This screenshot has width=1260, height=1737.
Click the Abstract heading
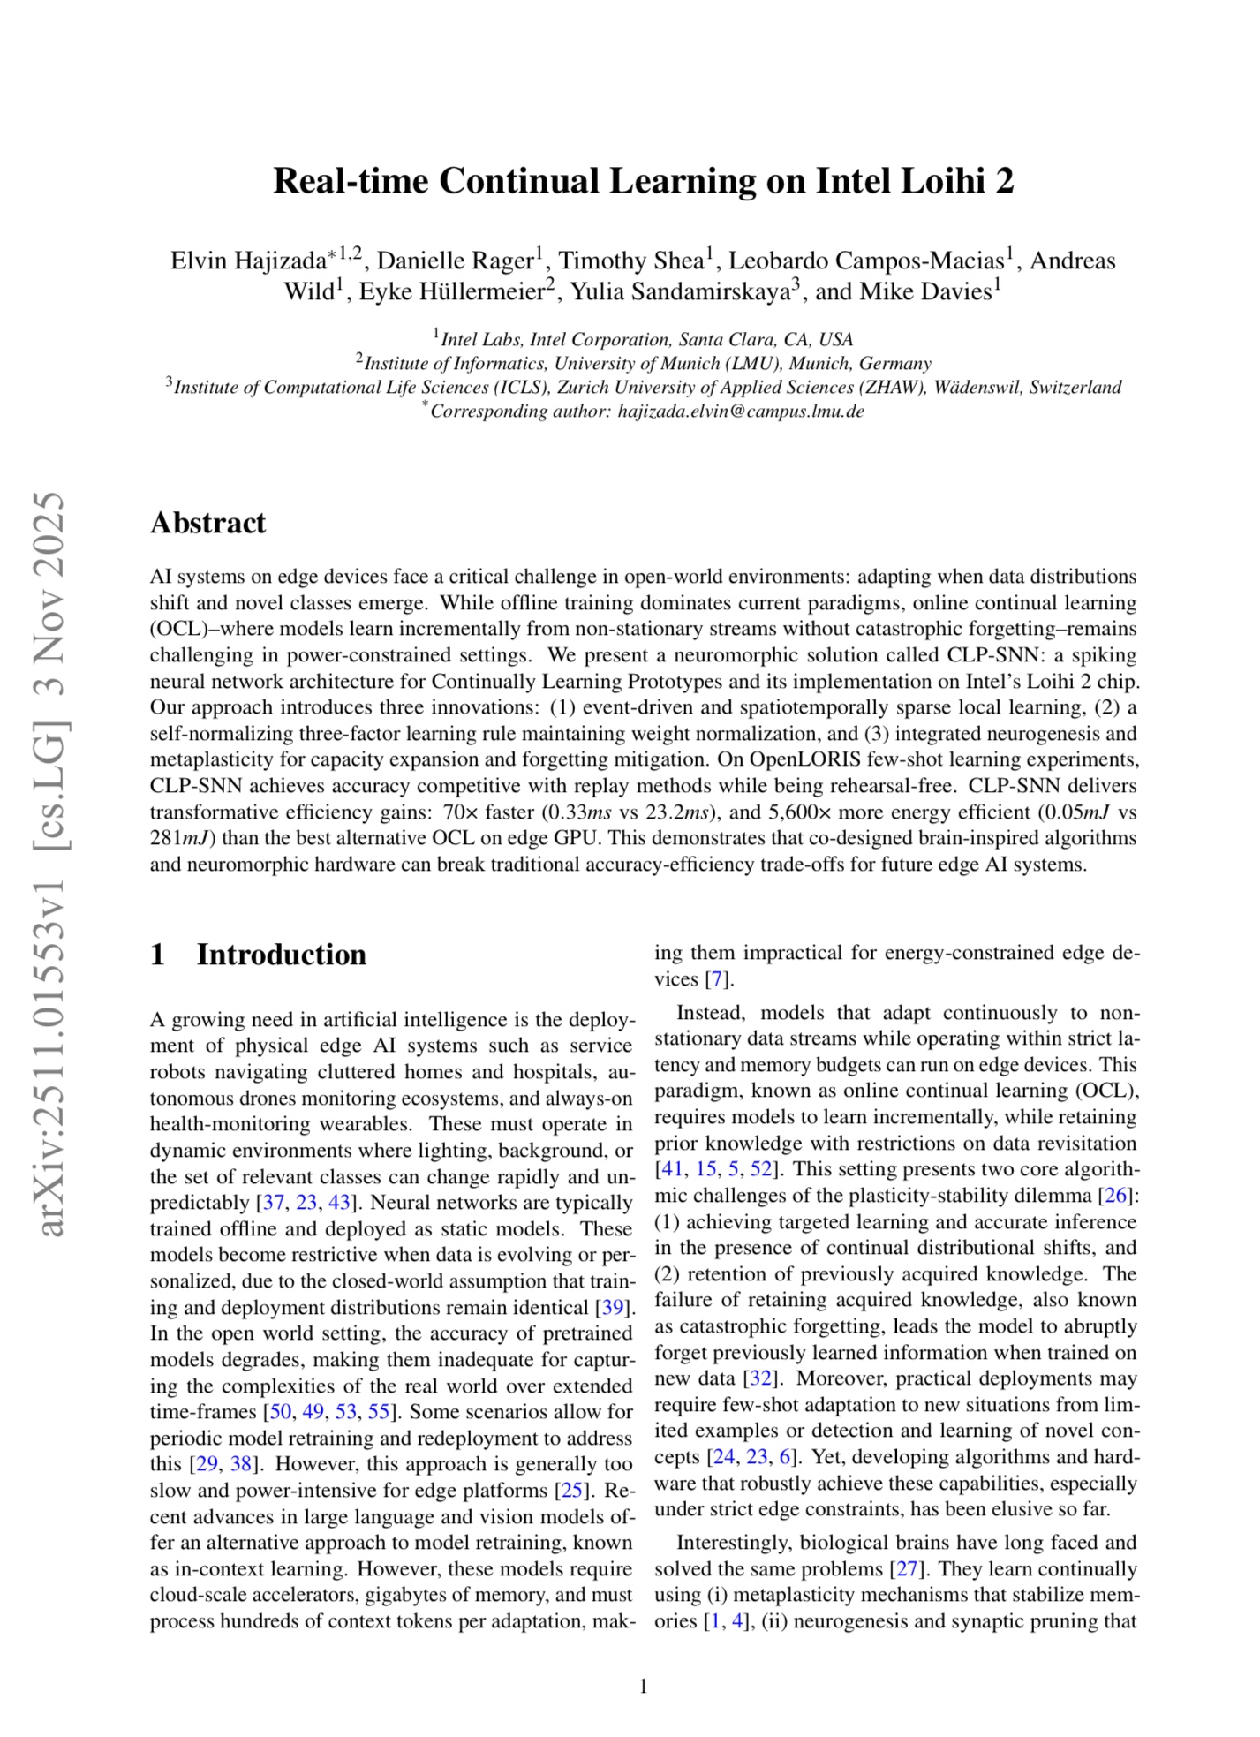point(207,523)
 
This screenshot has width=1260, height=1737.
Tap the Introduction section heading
point(281,955)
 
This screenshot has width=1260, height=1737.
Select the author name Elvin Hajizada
point(248,261)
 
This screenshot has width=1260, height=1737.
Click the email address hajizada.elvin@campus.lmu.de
point(740,412)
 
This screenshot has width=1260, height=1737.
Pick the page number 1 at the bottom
point(643,1687)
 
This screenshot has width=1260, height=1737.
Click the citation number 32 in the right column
point(758,1378)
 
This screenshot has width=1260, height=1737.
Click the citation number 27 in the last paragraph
point(907,1569)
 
